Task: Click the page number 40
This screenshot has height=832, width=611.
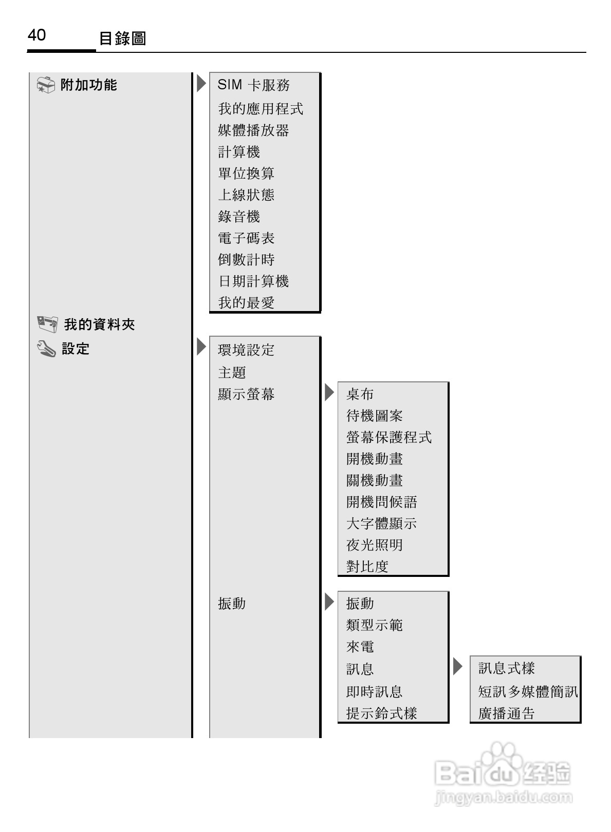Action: point(36,35)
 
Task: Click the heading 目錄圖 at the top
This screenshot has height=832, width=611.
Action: point(122,38)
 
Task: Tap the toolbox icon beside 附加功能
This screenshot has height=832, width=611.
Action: point(46,85)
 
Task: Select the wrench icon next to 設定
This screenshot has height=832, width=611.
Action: point(46,350)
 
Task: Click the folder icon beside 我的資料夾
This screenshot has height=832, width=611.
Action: point(47,324)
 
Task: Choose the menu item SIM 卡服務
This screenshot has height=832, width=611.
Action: point(253,85)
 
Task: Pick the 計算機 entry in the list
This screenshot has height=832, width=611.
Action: point(239,152)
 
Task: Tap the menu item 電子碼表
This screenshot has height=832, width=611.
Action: point(246,238)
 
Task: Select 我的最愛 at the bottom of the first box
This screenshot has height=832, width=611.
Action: point(246,303)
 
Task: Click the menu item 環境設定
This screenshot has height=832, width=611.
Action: point(246,350)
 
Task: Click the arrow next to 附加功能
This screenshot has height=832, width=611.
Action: point(201,83)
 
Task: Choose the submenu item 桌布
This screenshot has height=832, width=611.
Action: point(360,394)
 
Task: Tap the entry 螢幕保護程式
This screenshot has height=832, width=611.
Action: point(388,437)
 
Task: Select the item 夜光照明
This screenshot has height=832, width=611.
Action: point(374,545)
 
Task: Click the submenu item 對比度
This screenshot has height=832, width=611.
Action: point(367,567)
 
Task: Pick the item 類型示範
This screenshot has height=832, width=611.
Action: point(374,625)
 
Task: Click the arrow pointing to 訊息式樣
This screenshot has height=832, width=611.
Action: point(458,667)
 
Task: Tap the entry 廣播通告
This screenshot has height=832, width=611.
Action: point(506,713)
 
